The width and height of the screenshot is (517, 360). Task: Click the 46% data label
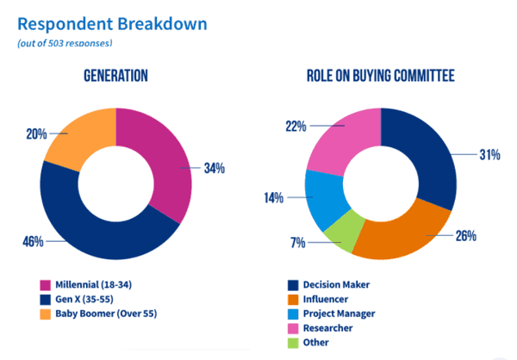pos(33,242)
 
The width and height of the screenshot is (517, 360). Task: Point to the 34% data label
pos(214,168)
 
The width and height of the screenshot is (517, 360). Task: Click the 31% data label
pos(489,154)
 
